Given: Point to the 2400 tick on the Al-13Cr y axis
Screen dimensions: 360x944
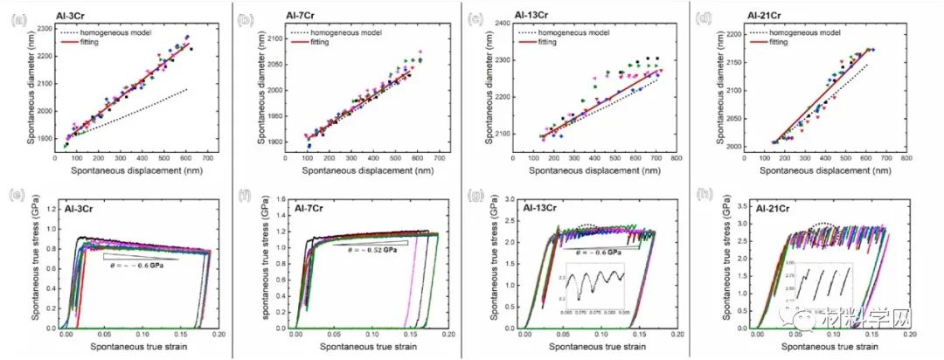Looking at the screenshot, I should (500, 24).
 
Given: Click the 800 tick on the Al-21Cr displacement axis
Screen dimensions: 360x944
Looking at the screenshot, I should (889, 158).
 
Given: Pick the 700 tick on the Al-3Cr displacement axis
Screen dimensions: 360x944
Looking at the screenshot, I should (207, 158).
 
